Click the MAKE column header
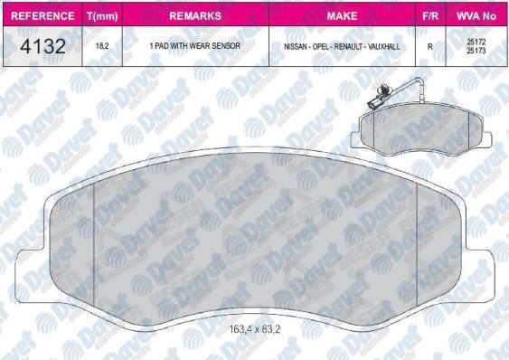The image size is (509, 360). (x=342, y=15)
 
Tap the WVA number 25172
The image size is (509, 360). (x=476, y=41)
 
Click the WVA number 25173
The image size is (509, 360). (x=476, y=51)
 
